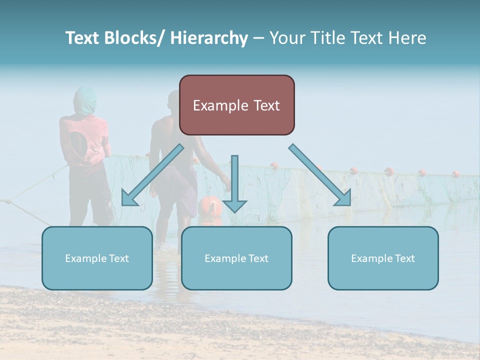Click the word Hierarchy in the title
[x=209, y=38]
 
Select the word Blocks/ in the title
[x=136, y=38]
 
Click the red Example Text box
[x=236, y=105]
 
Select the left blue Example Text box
[x=97, y=258]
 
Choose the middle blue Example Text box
[x=236, y=258]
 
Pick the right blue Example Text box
[x=383, y=258]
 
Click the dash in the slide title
[x=258, y=38]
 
